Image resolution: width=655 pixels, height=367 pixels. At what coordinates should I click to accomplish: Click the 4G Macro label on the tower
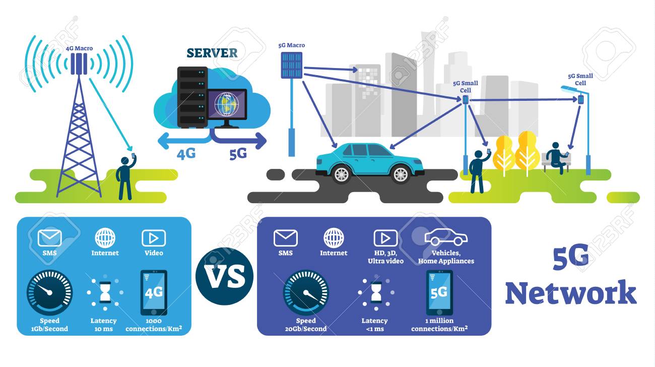[79, 49]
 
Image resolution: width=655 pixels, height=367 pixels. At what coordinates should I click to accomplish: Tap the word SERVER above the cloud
[212, 53]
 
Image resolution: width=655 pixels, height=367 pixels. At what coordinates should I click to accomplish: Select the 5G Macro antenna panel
[291, 66]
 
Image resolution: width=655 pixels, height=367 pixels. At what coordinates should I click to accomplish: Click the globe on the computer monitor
[225, 104]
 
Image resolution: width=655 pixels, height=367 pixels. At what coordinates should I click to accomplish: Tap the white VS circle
[224, 276]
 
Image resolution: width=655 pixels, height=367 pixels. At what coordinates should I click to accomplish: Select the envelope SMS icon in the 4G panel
[49, 238]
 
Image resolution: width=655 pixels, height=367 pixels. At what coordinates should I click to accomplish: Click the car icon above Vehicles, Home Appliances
[446, 237]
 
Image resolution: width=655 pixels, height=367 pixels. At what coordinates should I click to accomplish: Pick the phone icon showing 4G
[153, 292]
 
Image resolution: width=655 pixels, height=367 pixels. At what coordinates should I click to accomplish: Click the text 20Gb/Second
[306, 329]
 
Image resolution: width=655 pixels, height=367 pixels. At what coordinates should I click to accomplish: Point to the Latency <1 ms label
[374, 325]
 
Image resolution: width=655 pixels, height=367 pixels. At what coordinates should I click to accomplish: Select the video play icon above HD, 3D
[385, 238]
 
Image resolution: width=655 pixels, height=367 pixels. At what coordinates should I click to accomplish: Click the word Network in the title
[570, 293]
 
